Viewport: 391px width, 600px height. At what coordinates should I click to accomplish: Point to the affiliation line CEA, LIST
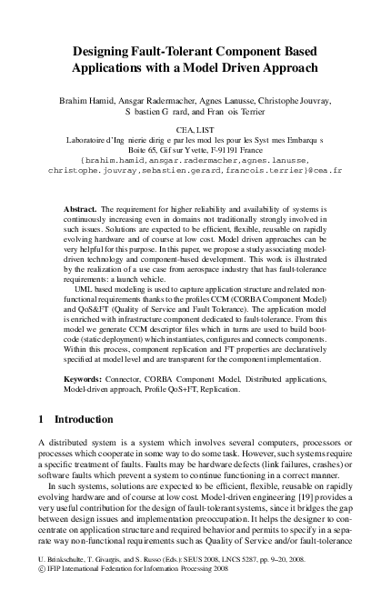pos(195,131)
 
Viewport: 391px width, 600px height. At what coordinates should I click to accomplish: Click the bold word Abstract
pos(80,210)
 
